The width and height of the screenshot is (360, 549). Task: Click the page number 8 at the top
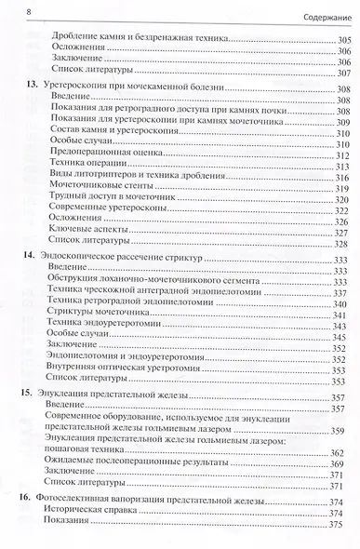8,11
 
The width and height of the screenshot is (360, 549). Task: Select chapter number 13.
27,85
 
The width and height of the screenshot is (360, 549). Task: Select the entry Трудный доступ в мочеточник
93,200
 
